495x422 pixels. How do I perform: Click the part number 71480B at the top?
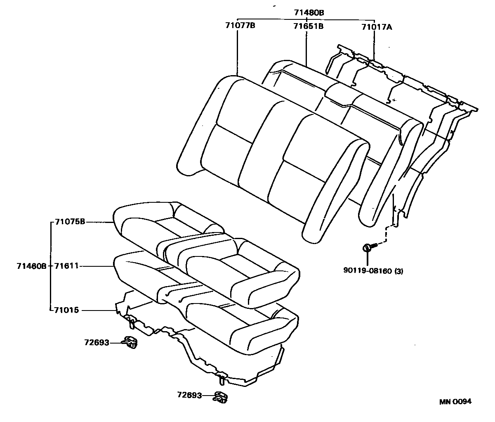[309, 13]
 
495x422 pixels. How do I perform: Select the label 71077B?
[240, 26]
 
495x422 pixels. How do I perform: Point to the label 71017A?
[377, 27]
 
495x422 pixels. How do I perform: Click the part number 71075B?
[70, 222]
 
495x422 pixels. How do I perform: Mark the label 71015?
[67, 310]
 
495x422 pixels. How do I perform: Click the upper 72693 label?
[97, 342]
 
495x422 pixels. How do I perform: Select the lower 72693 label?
[189, 395]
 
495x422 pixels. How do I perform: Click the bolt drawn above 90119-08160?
[368, 248]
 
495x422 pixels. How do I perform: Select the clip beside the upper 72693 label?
[130, 341]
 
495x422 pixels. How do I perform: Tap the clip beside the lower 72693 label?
[222, 397]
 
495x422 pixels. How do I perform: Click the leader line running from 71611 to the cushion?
[97, 266]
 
